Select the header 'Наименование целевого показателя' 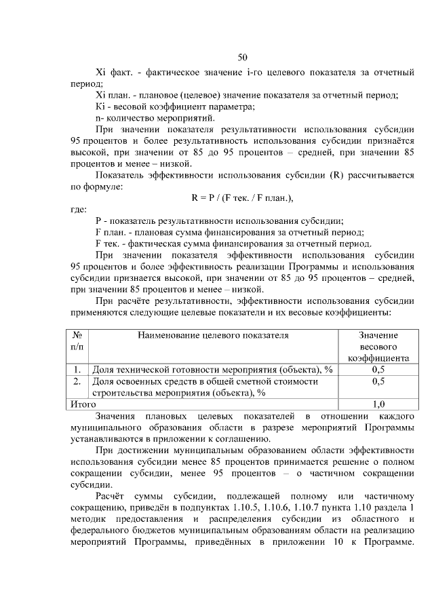(x=213, y=335)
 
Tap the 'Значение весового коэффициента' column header (x=378, y=347)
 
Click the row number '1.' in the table (x=78, y=370)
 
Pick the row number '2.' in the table (x=78, y=381)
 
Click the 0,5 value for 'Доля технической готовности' (x=378, y=370)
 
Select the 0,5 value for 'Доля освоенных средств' (x=378, y=381)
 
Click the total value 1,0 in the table (x=378, y=404)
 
